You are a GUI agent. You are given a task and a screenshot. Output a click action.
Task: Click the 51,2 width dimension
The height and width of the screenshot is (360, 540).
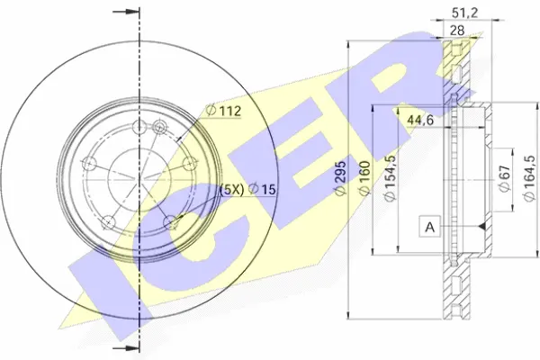[464, 13]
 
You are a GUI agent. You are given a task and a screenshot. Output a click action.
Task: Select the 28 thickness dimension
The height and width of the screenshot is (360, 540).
[457, 31]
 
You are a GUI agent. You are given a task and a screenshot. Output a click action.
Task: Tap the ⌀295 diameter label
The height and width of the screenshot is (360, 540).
[340, 178]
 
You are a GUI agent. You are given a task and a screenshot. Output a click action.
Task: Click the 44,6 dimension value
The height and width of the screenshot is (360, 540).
[420, 121]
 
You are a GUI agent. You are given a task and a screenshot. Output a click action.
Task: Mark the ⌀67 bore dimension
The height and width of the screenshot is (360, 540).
[504, 178]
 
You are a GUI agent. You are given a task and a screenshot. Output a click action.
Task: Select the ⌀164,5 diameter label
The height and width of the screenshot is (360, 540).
[529, 178]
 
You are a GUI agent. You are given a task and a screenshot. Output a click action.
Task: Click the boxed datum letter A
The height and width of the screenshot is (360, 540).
[430, 227]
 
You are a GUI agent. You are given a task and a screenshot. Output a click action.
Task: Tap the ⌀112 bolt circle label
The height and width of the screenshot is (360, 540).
[223, 111]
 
